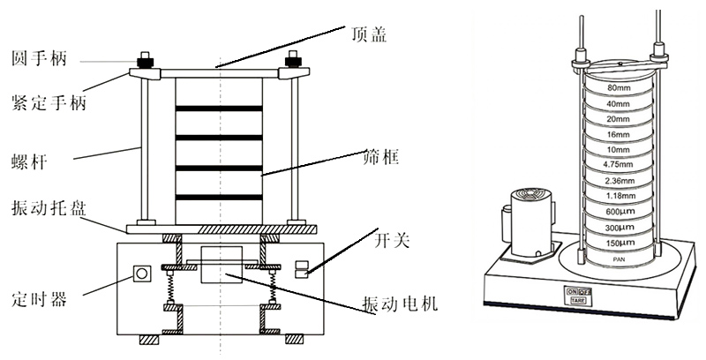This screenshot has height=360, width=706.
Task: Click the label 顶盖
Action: pyautogui.click(x=367, y=34)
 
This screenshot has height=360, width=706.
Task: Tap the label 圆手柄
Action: pyautogui.click(x=39, y=58)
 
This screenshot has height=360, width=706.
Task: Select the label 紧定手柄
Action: pyautogui.click(x=49, y=104)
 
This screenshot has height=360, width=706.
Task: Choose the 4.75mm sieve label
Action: pyautogui.click(x=618, y=164)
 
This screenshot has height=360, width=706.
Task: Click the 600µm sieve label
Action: pyautogui.click(x=618, y=210)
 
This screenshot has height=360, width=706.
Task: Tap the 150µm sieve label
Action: pyautogui.click(x=618, y=241)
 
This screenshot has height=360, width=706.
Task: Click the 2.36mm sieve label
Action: pyautogui.click(x=618, y=180)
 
